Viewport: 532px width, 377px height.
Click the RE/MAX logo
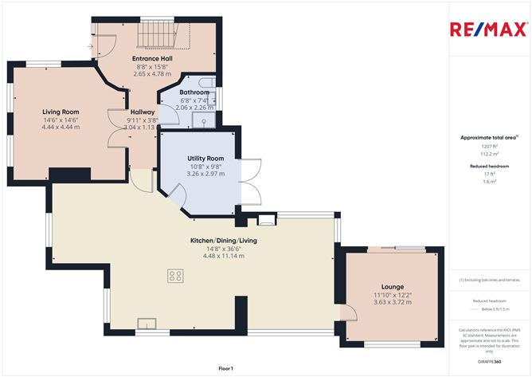pyautogui.click(x=487, y=29)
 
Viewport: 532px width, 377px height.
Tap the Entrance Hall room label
pyautogui.click(x=154, y=58)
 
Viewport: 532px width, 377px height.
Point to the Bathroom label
pyautogui.click(x=194, y=92)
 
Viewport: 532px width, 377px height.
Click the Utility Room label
pyautogui.click(x=205, y=159)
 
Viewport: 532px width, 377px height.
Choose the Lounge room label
pyautogui.click(x=392, y=287)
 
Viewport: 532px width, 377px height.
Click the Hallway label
pyautogui.click(x=143, y=112)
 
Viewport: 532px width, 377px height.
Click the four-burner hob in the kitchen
pyautogui.click(x=175, y=275)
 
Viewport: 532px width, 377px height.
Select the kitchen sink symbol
pyautogui.click(x=147, y=323)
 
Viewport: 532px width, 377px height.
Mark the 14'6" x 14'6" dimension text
pyautogui.click(x=61, y=120)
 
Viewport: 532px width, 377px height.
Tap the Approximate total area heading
pyautogui.click(x=488, y=137)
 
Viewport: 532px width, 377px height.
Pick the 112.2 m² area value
pyautogui.click(x=488, y=154)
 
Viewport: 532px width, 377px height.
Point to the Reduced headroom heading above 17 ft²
pyautogui.click(x=488, y=166)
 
